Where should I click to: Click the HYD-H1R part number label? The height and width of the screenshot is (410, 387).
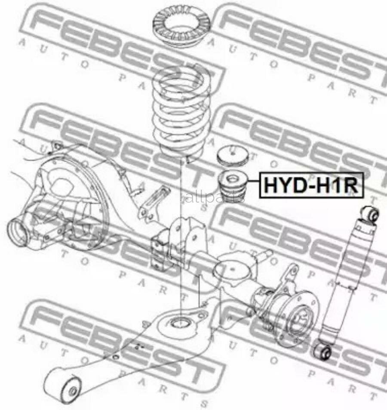tap(310, 185)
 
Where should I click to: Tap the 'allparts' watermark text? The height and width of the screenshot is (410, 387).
tap(215, 198)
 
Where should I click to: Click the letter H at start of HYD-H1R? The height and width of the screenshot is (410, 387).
tap(271, 185)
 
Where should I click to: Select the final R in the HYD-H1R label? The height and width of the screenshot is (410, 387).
tap(350, 185)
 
